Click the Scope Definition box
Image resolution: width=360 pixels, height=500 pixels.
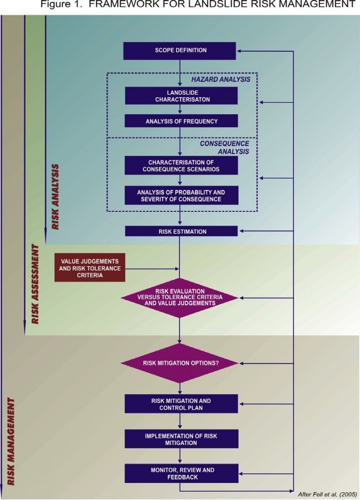point(181,50)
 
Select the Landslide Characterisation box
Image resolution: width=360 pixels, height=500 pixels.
point(181,96)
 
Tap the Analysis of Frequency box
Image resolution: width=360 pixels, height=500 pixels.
point(181,121)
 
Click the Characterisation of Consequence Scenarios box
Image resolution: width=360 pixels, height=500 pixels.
point(181,166)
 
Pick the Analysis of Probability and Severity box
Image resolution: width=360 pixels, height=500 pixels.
point(181,195)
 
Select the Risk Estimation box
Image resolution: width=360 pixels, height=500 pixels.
point(181,231)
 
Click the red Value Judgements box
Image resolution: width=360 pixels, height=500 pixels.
point(89,268)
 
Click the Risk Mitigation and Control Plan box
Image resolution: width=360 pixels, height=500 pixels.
point(181,404)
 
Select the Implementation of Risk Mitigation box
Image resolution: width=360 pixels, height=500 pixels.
point(181,439)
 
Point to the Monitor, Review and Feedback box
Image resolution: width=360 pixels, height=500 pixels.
point(181,473)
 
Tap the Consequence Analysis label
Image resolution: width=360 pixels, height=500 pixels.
point(224,147)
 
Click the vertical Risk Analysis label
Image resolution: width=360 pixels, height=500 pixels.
point(56,197)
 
